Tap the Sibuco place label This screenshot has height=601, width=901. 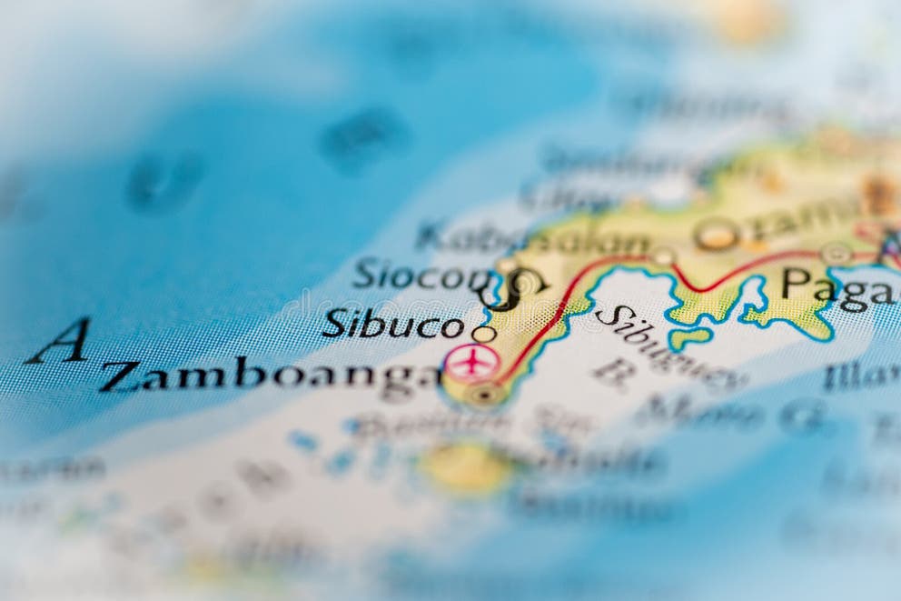pyautogui.click(x=392, y=325)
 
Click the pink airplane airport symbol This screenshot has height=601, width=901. pyautogui.click(x=471, y=362)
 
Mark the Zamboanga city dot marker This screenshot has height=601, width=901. pyautogui.click(x=485, y=395)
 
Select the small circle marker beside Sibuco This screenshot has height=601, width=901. pyautogui.click(x=484, y=335)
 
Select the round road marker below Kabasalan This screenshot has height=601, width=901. pyautogui.click(x=665, y=257)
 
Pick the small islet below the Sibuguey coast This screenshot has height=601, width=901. pyautogui.click(x=689, y=338)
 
